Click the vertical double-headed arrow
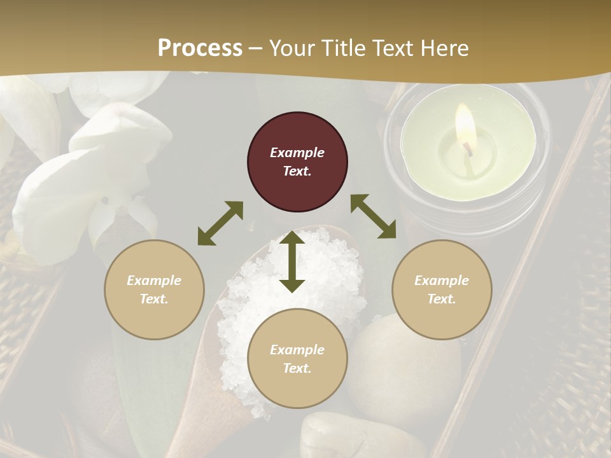[292, 261]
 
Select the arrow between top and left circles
[220, 223]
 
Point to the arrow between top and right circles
[373, 216]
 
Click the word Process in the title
[200, 48]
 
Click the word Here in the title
[445, 48]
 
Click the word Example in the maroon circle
[297, 153]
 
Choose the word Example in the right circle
[442, 281]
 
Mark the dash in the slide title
[256, 48]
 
